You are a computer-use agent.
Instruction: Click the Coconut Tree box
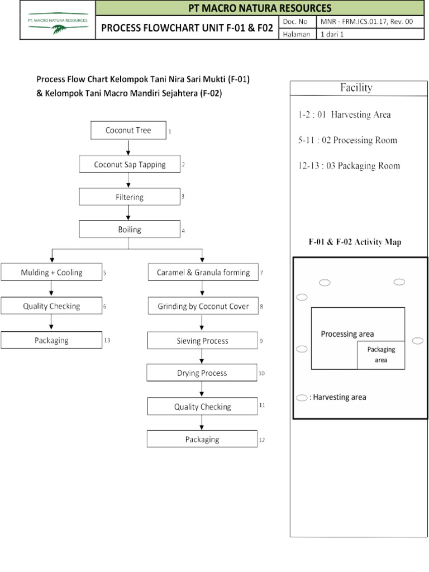(128, 131)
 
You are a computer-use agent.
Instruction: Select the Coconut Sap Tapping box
(130, 164)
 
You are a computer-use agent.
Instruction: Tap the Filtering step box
(130, 197)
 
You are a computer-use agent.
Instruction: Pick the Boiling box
(130, 230)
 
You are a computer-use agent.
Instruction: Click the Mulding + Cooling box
(51, 273)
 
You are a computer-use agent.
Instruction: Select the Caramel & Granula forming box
(203, 273)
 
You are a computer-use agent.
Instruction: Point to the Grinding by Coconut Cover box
(203, 306)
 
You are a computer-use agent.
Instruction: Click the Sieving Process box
(202, 340)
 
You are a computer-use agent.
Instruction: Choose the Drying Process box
(202, 373)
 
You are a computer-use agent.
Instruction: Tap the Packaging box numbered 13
(51, 340)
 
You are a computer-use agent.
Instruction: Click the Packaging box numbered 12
(202, 439)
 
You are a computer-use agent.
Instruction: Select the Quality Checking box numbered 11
(202, 407)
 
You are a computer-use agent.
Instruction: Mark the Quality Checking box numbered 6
(51, 306)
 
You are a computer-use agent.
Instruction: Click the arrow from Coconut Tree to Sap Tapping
(129, 147)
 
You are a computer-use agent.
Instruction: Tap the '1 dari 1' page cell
(331, 34)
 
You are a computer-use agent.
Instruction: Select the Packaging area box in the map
(381, 355)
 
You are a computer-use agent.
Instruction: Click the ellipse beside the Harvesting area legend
(302, 398)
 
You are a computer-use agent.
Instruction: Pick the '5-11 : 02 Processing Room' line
(347, 140)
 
